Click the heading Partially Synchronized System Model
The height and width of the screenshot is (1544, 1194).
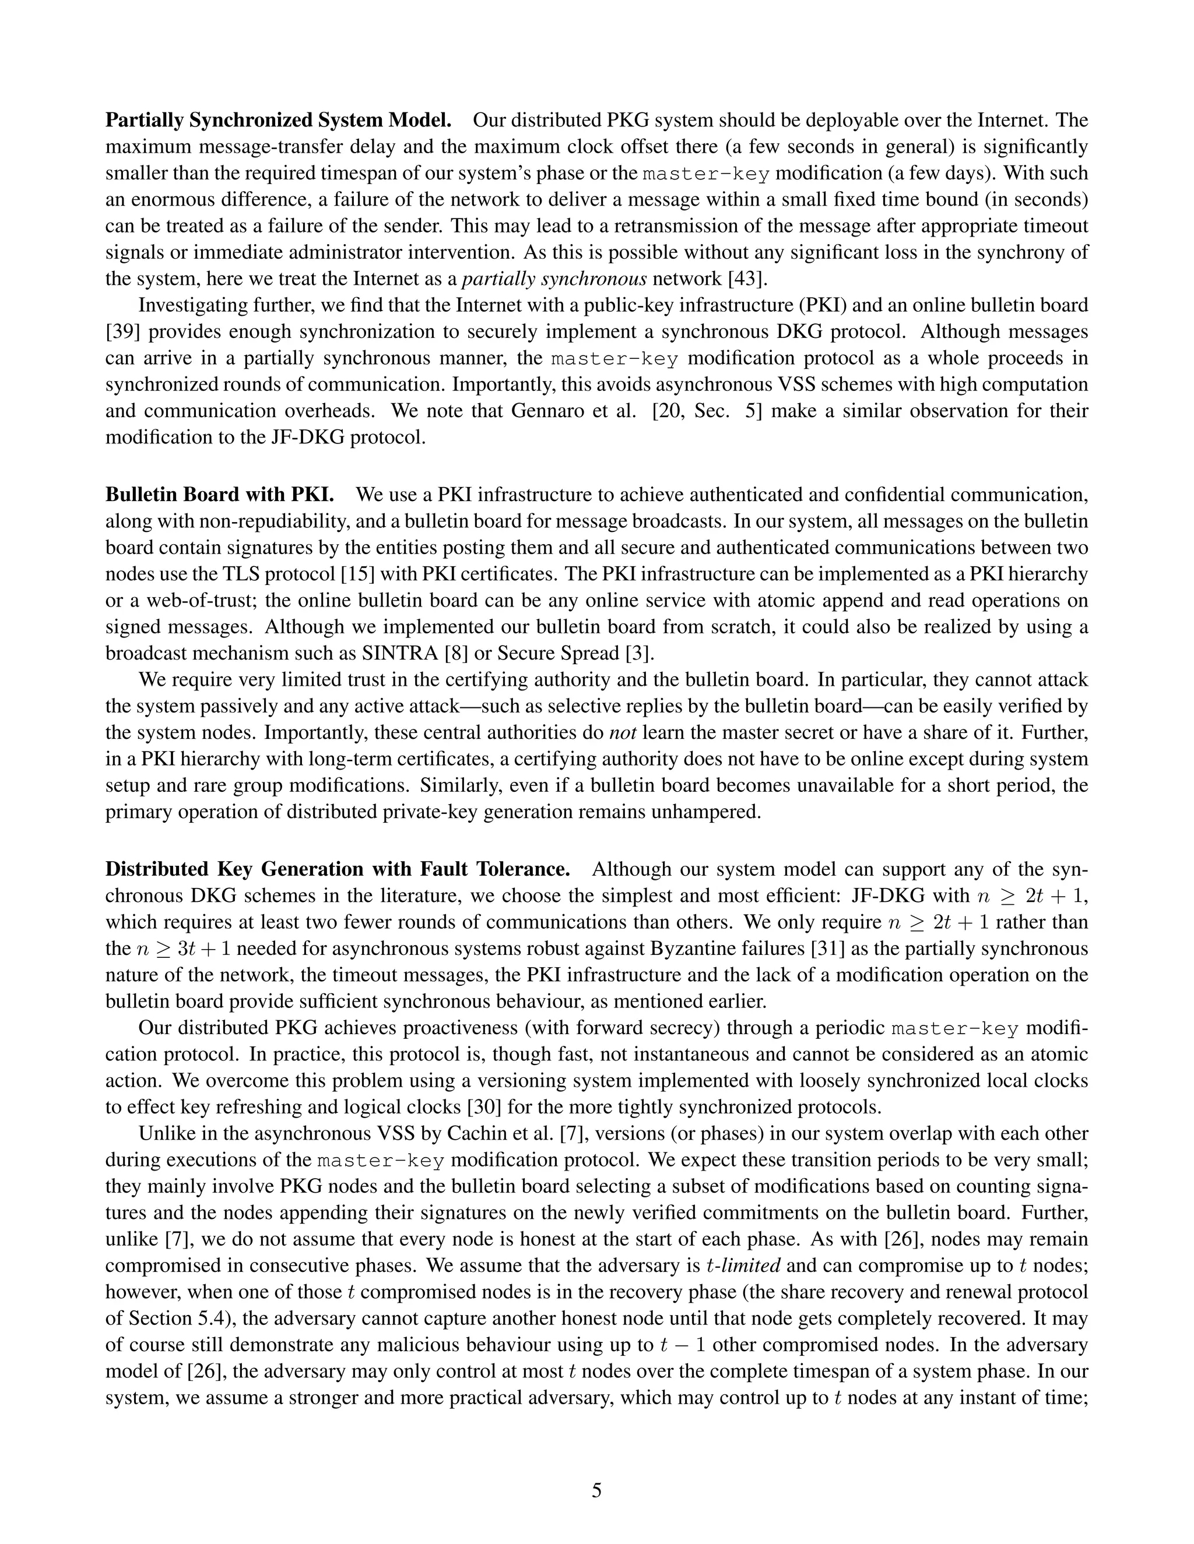point(278,120)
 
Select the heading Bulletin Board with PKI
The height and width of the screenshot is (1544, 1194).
point(220,494)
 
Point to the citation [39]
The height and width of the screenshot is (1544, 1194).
point(122,332)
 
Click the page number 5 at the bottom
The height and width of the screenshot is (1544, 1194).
point(596,1490)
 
